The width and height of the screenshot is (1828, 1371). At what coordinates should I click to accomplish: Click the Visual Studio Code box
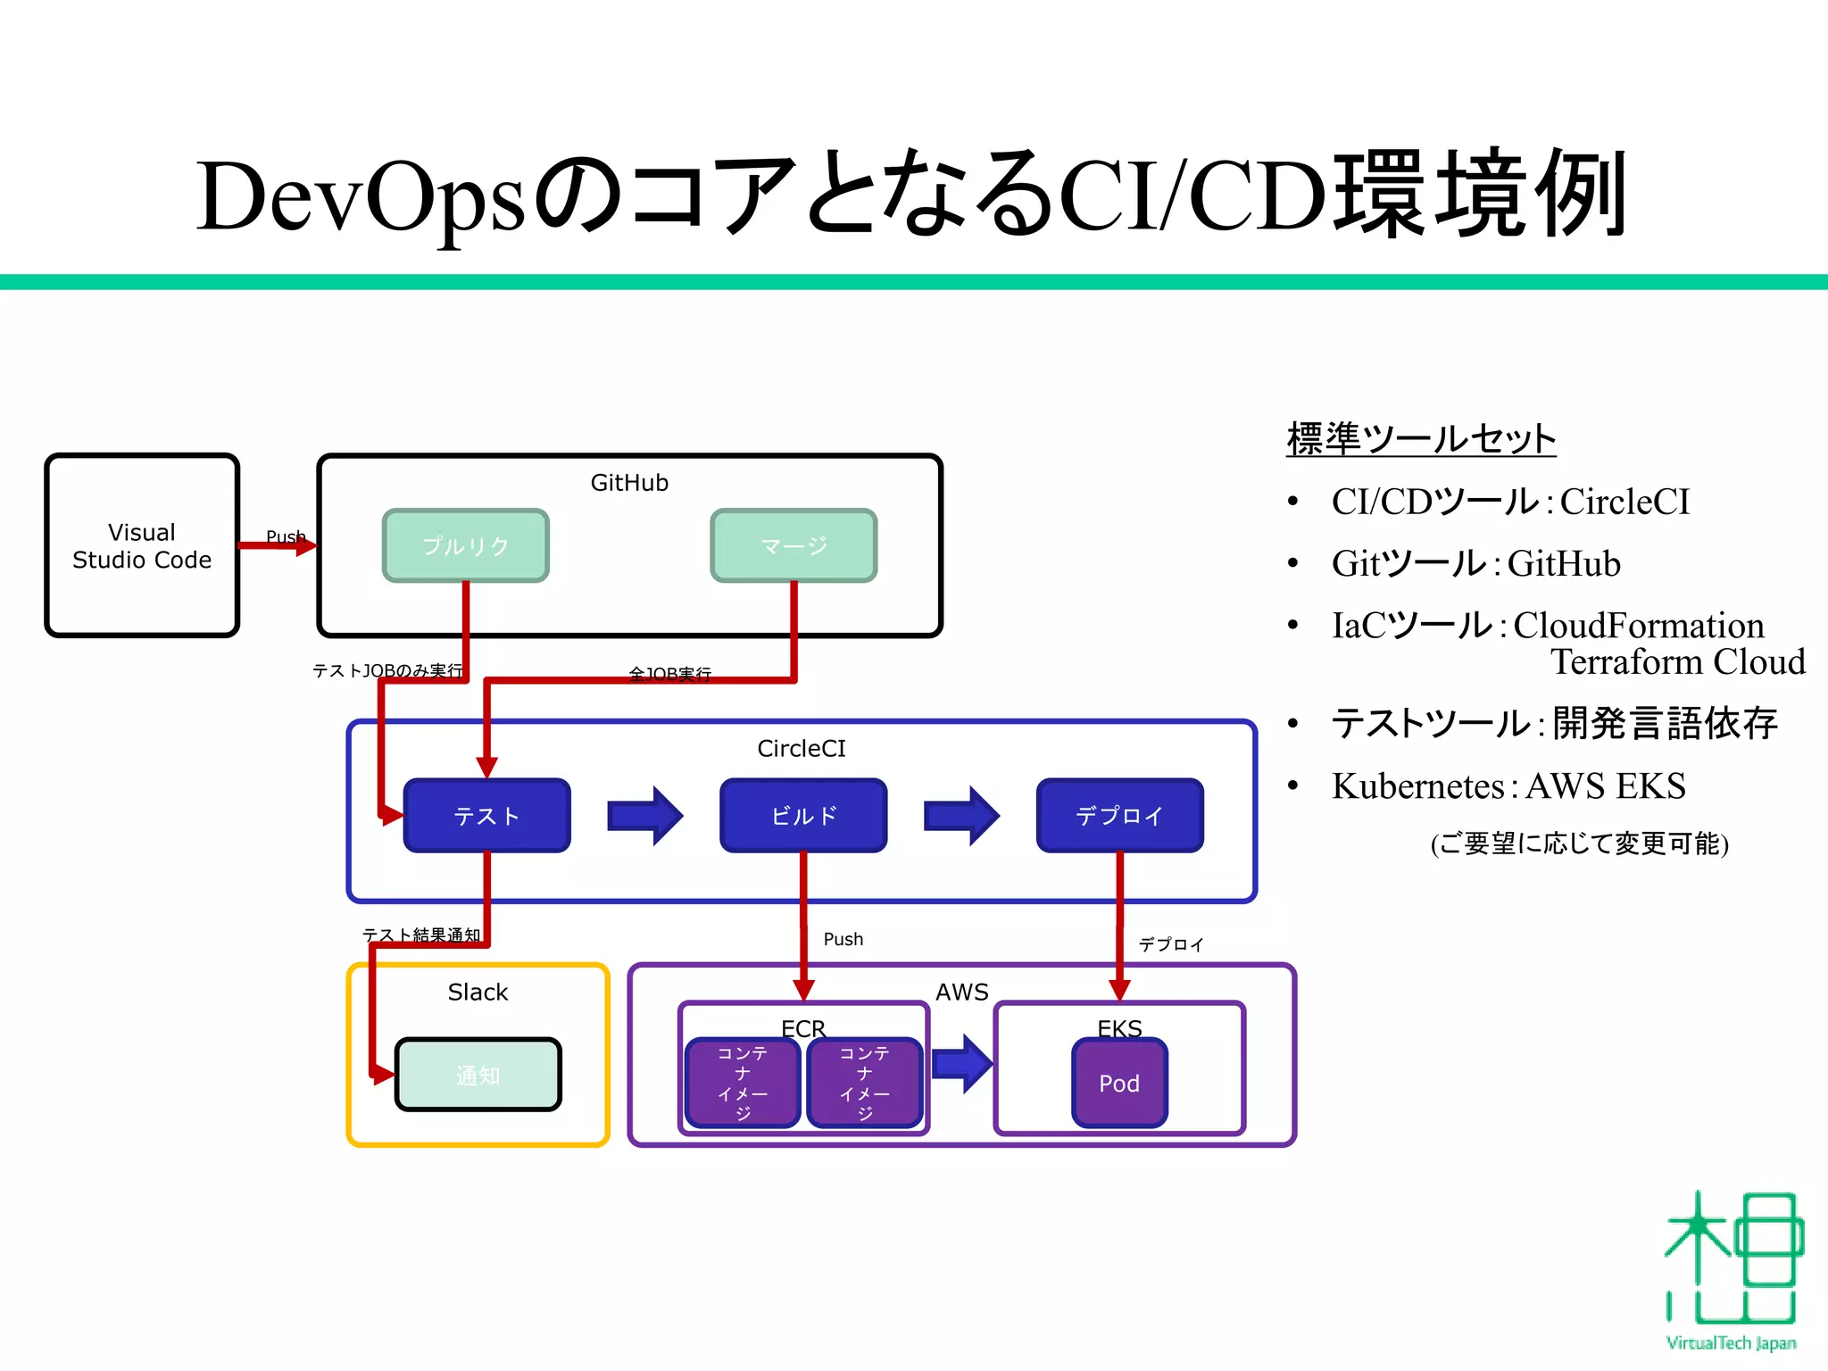coord(142,545)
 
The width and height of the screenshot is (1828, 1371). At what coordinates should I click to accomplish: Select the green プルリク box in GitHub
coord(465,545)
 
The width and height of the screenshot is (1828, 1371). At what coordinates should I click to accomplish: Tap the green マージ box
coord(794,545)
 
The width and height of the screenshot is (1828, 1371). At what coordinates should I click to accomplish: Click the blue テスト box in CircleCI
coord(486,815)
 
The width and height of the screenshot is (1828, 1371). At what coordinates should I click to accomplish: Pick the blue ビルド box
coord(803,815)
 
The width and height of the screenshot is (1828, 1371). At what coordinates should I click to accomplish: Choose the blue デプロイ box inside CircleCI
coord(1119,815)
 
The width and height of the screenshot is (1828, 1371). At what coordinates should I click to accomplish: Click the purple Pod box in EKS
coord(1119,1083)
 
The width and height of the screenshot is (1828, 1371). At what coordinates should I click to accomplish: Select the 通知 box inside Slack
coord(478,1075)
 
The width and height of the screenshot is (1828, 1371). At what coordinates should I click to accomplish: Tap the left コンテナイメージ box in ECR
coord(743,1083)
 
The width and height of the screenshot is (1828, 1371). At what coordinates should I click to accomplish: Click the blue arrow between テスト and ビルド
coord(644,815)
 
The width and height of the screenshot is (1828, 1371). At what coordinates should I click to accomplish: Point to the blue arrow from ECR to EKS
coord(962,1063)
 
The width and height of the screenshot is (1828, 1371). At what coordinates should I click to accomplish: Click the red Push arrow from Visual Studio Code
coord(277,545)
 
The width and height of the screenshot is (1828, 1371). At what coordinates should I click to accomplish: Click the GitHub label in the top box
coord(629,483)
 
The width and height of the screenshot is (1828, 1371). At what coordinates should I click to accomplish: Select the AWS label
coord(961,992)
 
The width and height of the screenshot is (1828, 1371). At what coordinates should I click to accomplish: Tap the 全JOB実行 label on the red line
coord(670,674)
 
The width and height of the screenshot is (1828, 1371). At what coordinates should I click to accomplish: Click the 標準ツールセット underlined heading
coord(1421,439)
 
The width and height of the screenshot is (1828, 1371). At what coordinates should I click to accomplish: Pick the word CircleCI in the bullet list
coord(1624,502)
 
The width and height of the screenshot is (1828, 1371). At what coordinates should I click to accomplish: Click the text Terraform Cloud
coord(1677,662)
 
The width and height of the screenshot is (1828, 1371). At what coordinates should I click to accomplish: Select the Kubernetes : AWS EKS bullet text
coord(1508,786)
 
